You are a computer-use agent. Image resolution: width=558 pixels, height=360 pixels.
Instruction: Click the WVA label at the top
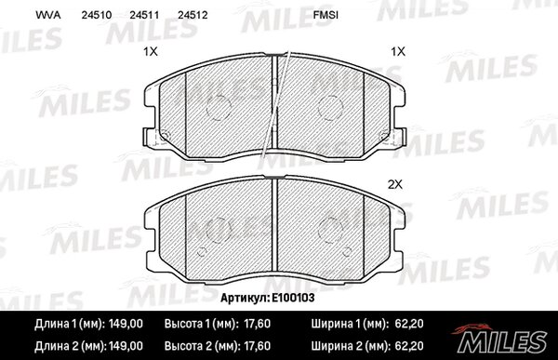[48, 15]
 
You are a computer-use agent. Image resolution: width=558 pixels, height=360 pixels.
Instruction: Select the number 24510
[97, 15]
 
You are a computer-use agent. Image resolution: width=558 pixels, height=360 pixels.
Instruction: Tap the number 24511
[144, 15]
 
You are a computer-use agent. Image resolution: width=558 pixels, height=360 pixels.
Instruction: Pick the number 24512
[193, 15]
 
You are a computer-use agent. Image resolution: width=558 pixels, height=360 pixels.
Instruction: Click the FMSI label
[325, 15]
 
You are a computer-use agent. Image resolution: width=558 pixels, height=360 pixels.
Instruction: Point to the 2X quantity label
[394, 184]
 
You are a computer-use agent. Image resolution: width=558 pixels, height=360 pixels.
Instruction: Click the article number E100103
[293, 298]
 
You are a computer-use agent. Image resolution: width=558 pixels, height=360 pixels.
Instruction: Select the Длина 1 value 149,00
[126, 324]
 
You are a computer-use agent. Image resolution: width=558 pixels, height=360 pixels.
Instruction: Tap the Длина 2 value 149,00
[126, 346]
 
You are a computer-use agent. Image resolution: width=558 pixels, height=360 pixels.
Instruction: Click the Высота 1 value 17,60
[257, 324]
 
